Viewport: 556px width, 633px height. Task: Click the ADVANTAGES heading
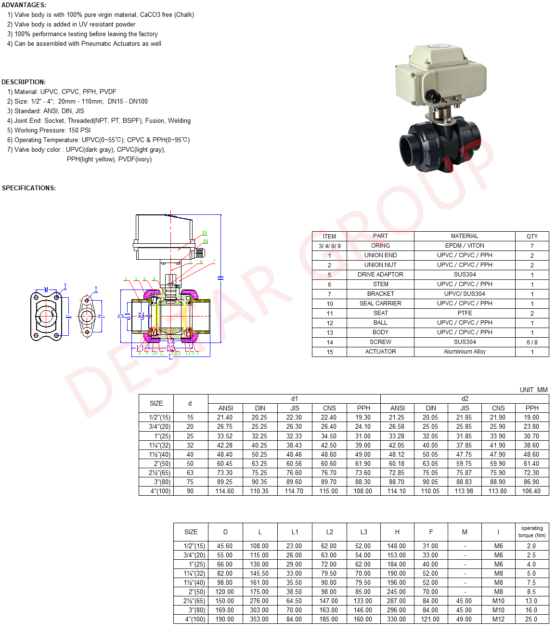[x=24, y=5]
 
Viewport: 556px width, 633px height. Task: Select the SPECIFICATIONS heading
[x=29, y=188]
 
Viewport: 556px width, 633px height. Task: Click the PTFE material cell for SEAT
[x=465, y=313]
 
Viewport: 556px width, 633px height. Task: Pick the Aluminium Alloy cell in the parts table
[x=465, y=352]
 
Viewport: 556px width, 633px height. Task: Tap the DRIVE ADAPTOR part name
[x=380, y=275]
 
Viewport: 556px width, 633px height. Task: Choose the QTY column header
[x=532, y=237]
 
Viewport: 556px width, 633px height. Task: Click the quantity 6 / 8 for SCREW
[x=532, y=343]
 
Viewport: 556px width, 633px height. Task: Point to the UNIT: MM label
[x=533, y=390]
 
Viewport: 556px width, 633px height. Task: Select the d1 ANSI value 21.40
[x=225, y=418]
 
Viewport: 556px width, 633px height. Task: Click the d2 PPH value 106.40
[x=531, y=491]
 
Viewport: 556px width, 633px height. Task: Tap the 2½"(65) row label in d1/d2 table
[x=160, y=473]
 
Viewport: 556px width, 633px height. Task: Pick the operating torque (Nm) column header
[x=532, y=532]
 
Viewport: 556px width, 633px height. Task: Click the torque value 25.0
[x=531, y=620]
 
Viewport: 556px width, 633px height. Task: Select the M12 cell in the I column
[x=499, y=620]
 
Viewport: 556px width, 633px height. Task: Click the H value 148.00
[x=397, y=546]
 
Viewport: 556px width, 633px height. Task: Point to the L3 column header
[x=363, y=532]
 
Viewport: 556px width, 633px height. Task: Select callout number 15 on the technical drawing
[x=205, y=233]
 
